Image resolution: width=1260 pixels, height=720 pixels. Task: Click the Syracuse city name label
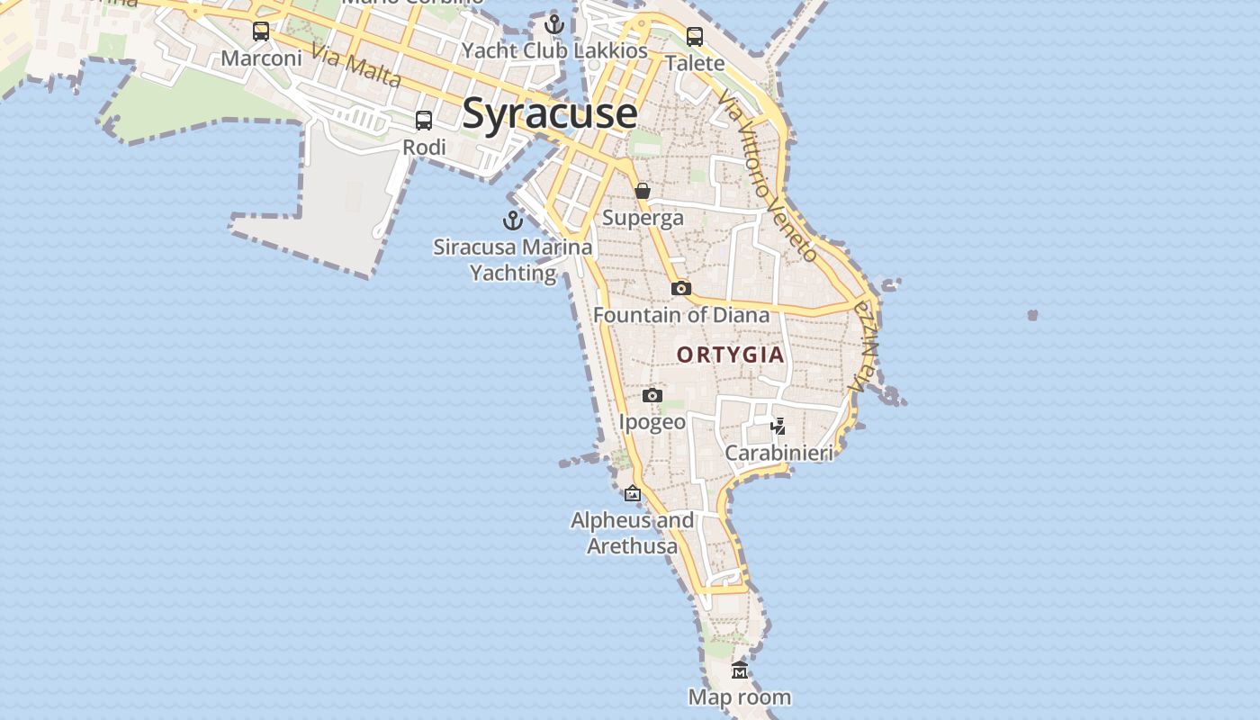[550, 113]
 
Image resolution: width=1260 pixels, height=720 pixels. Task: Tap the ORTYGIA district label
[731, 355]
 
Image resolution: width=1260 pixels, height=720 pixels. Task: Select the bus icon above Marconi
[261, 31]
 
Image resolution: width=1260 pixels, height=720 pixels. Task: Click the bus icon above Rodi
[424, 120]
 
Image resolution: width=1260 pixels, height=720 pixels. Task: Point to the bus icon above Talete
[695, 37]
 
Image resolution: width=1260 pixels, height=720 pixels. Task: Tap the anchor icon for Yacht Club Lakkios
[554, 24]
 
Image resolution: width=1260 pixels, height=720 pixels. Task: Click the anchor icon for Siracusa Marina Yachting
[513, 220]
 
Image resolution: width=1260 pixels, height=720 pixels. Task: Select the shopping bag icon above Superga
[643, 191]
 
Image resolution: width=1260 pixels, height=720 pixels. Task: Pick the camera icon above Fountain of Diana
[681, 288]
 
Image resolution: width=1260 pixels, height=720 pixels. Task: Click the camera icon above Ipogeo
[652, 395]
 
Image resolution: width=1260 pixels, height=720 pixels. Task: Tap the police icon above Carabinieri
[778, 426]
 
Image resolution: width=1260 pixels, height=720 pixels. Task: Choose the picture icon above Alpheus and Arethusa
[633, 493]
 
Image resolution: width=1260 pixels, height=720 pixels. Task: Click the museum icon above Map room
[740, 670]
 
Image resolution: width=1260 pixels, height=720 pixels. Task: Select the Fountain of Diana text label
[681, 315]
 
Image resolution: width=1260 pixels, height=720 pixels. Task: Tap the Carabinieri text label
[779, 453]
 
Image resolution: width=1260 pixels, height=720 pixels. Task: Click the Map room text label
[740, 697]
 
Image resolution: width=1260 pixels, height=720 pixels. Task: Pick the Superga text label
[643, 218]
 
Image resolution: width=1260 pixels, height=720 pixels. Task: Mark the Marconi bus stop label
[261, 58]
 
